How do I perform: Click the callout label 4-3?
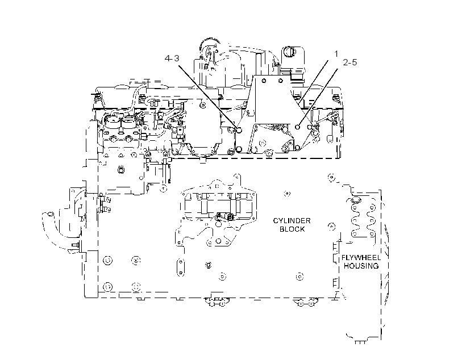click(x=172, y=58)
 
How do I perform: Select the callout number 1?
click(x=336, y=54)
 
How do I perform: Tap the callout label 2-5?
click(x=350, y=62)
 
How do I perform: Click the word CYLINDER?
click(x=292, y=221)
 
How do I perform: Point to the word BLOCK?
click(x=292, y=229)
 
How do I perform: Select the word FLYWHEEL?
click(x=361, y=258)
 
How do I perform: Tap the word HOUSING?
click(x=361, y=266)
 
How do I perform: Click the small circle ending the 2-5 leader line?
click(x=297, y=127)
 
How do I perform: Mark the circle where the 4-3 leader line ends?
click(x=239, y=130)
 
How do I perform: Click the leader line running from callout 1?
click(x=314, y=81)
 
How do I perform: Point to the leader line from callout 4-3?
click(x=208, y=97)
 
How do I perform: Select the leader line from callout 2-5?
click(x=318, y=97)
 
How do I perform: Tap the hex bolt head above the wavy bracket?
click(x=355, y=199)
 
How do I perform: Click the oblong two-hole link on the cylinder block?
click(x=180, y=267)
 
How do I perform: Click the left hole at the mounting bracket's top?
click(x=263, y=81)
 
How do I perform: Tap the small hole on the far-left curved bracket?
click(x=50, y=214)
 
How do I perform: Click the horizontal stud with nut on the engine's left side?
click(x=76, y=245)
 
